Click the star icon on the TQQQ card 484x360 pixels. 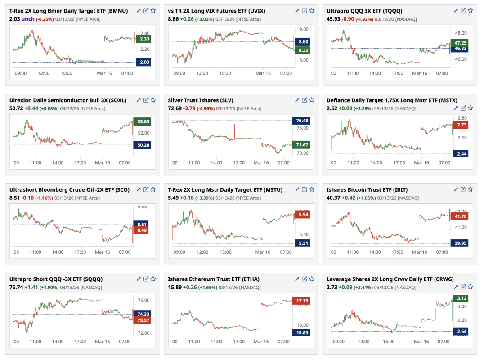point(470,10)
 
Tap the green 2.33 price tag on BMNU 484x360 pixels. point(144,39)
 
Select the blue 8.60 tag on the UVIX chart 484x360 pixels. point(302,42)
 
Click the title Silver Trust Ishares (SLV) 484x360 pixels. point(201,100)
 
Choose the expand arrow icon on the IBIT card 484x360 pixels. point(455,189)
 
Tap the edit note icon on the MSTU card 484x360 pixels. point(305,189)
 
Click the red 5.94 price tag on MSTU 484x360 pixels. point(302,215)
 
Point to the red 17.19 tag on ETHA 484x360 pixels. point(302,300)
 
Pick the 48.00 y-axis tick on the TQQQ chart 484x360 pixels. point(461,33)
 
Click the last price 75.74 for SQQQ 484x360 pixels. point(16,287)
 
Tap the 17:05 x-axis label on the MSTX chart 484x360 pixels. point(397,162)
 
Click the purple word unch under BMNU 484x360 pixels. point(28,19)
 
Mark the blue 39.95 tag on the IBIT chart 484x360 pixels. point(459,243)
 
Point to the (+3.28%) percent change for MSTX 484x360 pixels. point(367,108)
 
